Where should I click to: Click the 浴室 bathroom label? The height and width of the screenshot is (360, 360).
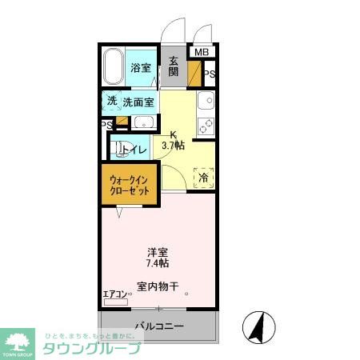click(x=142, y=68)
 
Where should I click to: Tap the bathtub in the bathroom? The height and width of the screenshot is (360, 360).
click(x=114, y=67)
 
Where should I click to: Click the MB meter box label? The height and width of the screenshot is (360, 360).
click(x=202, y=54)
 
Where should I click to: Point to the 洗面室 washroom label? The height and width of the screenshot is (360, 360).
click(x=138, y=102)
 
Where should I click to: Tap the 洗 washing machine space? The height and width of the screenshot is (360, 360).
click(x=112, y=101)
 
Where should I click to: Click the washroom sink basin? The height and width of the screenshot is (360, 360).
click(x=144, y=122)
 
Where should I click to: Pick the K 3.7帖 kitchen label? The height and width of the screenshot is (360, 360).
click(x=174, y=140)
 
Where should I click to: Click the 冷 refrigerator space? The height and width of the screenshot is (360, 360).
click(x=204, y=177)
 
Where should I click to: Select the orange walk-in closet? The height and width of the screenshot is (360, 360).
click(x=128, y=186)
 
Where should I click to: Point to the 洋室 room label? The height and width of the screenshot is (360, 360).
click(x=157, y=250)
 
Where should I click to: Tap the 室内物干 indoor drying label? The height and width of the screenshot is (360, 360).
click(x=157, y=286)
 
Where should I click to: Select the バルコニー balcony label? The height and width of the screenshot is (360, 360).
click(x=158, y=326)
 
